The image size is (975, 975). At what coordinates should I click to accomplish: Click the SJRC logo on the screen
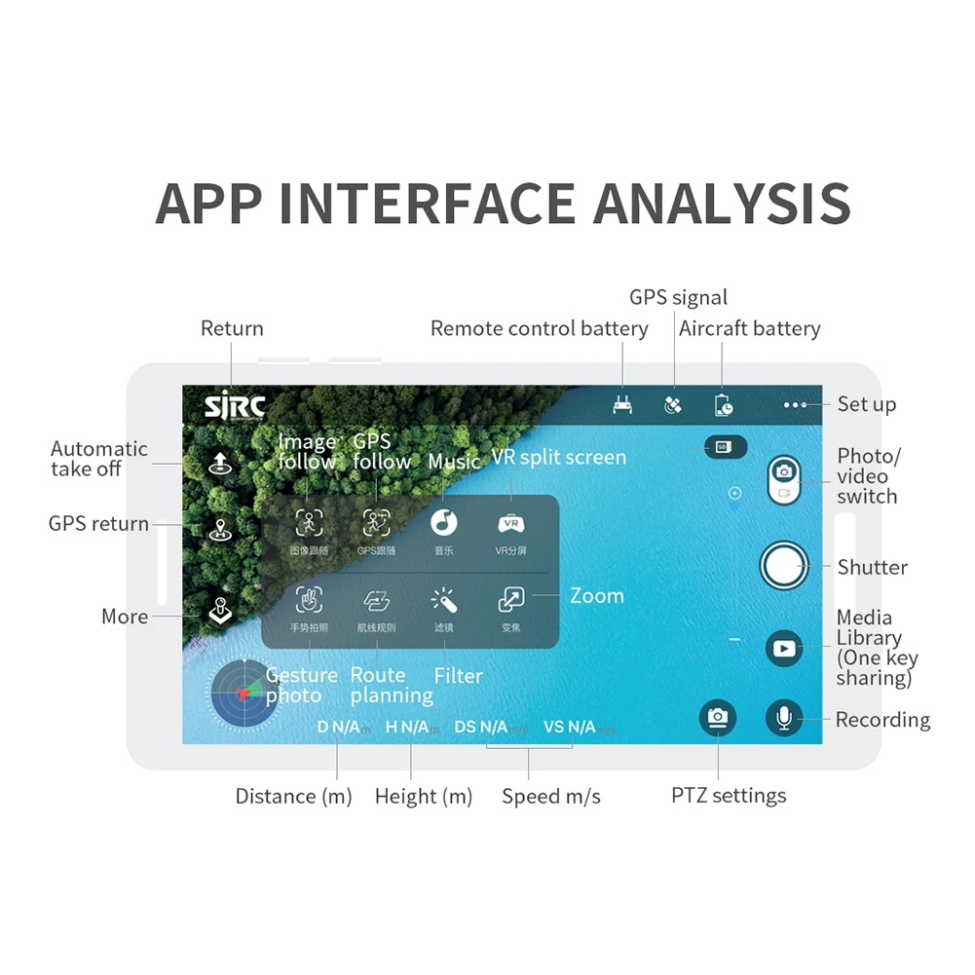point(234,406)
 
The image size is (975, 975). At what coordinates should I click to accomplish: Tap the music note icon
point(444,522)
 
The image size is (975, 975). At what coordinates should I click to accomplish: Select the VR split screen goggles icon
point(510,523)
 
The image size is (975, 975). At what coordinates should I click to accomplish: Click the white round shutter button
point(784,565)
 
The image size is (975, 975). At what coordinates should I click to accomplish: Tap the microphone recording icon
point(783,719)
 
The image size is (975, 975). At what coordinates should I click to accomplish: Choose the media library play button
point(784,647)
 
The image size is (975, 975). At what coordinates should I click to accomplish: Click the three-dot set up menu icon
point(795,404)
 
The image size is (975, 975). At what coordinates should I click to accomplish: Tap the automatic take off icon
point(221,462)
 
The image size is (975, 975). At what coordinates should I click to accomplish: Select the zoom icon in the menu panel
point(510,599)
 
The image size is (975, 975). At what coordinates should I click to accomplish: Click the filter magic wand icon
point(444,599)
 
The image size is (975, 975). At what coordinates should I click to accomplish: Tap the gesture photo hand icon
point(309,599)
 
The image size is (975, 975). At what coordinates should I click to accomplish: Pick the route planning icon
point(377,599)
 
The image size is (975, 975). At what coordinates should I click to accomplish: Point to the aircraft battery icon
point(723,405)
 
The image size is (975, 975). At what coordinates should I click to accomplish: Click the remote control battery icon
point(622,405)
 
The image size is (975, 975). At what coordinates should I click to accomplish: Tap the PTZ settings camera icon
point(718,718)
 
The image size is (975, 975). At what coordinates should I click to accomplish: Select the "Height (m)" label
point(424,797)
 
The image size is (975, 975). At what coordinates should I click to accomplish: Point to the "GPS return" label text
point(98,523)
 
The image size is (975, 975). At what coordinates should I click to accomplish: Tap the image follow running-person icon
point(309,522)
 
